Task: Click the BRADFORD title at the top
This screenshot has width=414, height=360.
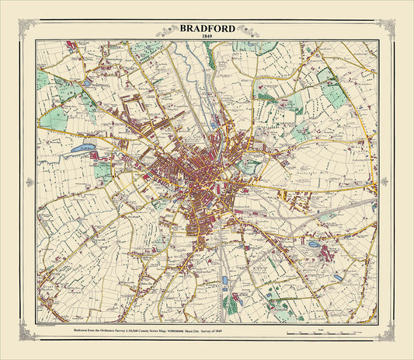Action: point(207,29)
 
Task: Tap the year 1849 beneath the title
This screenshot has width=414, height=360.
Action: point(207,37)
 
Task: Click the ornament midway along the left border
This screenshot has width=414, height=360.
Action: point(30,182)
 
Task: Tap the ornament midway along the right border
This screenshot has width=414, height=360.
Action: point(384,182)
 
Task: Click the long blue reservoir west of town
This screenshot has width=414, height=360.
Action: point(82,147)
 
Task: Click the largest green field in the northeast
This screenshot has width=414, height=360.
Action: point(332,89)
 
